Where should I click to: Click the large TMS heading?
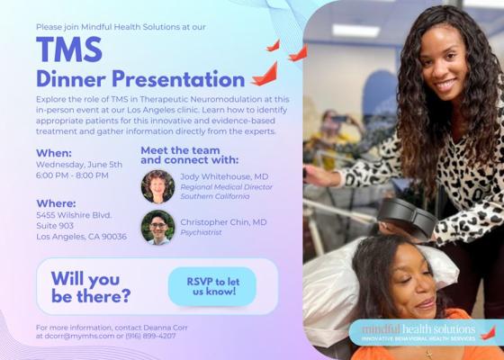pos(69,49)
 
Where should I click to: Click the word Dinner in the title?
pos(71,79)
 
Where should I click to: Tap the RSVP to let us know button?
pos(212,286)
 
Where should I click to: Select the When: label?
pos(54,153)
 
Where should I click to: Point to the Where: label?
pos(56,203)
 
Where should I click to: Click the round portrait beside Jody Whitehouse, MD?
pos(157,186)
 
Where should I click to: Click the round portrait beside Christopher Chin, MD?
pos(157,227)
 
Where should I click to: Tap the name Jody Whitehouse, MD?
pos(224,176)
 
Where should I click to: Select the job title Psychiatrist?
pos(201,232)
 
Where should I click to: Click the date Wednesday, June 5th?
pos(79,165)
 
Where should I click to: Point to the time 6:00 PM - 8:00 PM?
pos(72,175)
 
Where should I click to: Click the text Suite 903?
pos(55,226)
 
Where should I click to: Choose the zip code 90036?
pos(114,237)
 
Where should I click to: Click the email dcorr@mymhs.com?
pos(79,336)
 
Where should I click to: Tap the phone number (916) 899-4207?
pos(150,336)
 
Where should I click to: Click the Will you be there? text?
pos(91,287)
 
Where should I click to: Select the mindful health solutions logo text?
pos(418,329)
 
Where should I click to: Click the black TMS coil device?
pos(408,218)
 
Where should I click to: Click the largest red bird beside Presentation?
pos(265,75)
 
